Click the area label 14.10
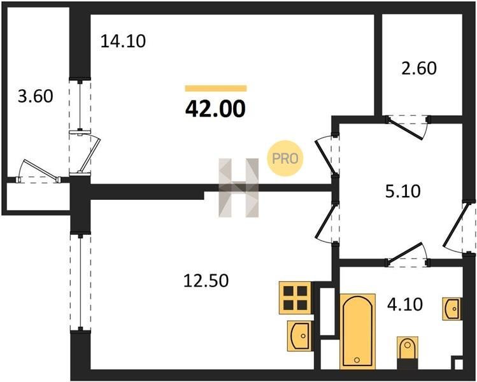tap(123, 41)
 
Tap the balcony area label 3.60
tap(36, 96)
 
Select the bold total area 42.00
tap(215, 109)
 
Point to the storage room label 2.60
tap(419, 68)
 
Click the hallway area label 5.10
tap(402, 192)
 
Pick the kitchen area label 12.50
tap(206, 280)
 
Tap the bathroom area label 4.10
tap(405, 304)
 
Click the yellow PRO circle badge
tap(285, 158)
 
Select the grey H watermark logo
tap(238, 188)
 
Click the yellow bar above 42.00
tap(216, 88)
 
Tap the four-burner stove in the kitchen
tap(295, 298)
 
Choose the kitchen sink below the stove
tap(299, 336)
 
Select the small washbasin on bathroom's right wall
tap(452, 308)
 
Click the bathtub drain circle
tap(357, 360)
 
